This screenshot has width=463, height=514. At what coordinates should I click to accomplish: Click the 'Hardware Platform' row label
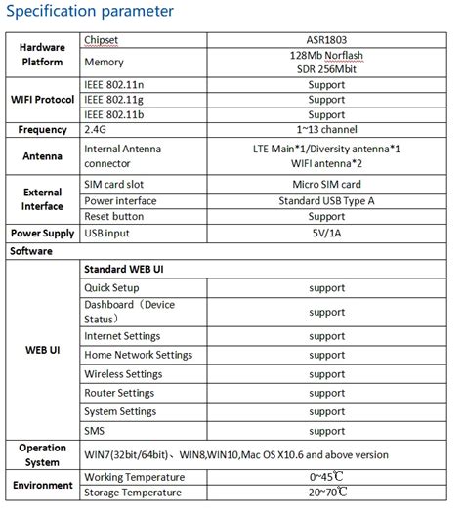pos(41,54)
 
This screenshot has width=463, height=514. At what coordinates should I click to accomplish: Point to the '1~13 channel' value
pos(326,129)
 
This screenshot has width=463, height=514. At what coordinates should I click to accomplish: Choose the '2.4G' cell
pos(97,129)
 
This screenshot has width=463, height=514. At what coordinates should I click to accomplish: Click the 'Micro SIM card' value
pos(326,184)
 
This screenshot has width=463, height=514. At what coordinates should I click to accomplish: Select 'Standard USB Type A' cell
pos(326,200)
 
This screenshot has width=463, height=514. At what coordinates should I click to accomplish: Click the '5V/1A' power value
pos(326,233)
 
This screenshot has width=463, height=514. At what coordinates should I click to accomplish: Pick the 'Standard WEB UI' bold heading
pos(124,267)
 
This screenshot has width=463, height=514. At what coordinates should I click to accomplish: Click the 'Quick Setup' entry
pos(111,288)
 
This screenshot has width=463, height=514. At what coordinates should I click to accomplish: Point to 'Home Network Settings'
pos(138,355)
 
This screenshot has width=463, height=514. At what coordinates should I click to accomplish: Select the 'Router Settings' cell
pos(121,394)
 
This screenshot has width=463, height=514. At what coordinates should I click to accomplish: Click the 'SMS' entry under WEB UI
pos(95,430)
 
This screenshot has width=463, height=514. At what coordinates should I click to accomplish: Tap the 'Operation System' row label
pos(41,453)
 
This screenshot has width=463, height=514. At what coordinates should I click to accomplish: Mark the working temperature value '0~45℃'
pos(326,476)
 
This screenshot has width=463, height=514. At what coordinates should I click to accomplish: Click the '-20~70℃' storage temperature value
pos(326,493)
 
